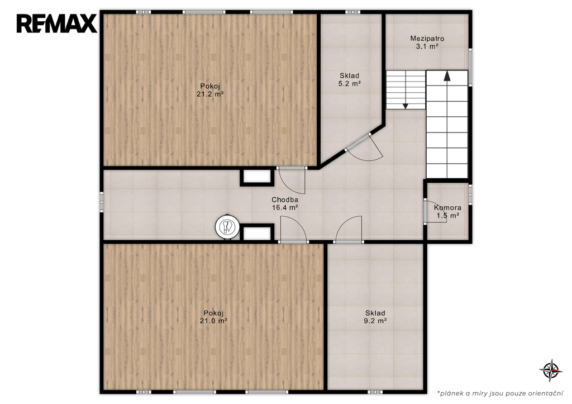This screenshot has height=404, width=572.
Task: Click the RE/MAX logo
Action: point(56,23)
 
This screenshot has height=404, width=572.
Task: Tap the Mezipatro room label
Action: point(427,39)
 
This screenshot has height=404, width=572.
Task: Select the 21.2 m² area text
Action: point(210,94)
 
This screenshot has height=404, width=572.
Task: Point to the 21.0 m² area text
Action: point(213,321)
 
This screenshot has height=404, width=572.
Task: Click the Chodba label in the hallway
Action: point(285,199)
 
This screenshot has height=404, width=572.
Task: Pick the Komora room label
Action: point(447,208)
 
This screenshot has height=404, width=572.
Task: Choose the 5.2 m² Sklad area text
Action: point(350,84)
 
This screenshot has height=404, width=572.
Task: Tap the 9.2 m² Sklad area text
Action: point(375,321)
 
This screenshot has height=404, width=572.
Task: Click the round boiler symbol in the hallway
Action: point(227,227)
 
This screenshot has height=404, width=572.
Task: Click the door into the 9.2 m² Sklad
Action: point(349,229)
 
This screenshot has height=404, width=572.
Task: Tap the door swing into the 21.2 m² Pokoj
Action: point(292,180)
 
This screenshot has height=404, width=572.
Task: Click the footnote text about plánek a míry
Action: point(500,393)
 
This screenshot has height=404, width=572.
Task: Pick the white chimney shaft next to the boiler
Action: point(257,232)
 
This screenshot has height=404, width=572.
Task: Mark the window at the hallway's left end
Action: point(102,202)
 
